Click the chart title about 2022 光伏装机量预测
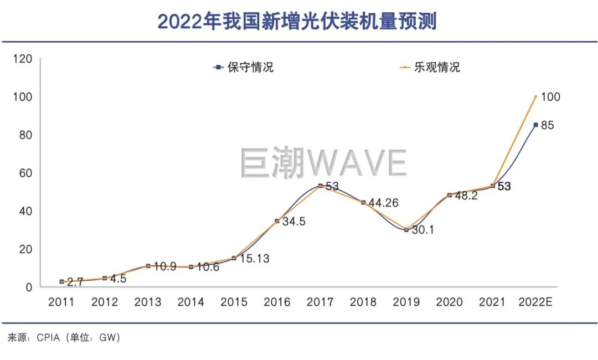pyautogui.click(x=297, y=22)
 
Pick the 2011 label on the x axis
pyautogui.click(x=61, y=302)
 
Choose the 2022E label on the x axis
pyautogui.click(x=535, y=302)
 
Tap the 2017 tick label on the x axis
pyautogui.click(x=320, y=302)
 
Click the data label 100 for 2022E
pyautogui.click(x=550, y=97)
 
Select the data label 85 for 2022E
pyautogui.click(x=547, y=125)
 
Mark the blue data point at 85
pyautogui.click(x=535, y=125)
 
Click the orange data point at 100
pyautogui.click(x=535, y=96)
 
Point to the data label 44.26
pyautogui.click(x=386, y=203)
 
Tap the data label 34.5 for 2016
pyautogui.click(x=293, y=222)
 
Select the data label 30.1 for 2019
pyautogui.click(x=422, y=230)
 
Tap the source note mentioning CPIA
pyautogui.click(x=64, y=337)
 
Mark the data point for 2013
pyautogui.click(x=148, y=266)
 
